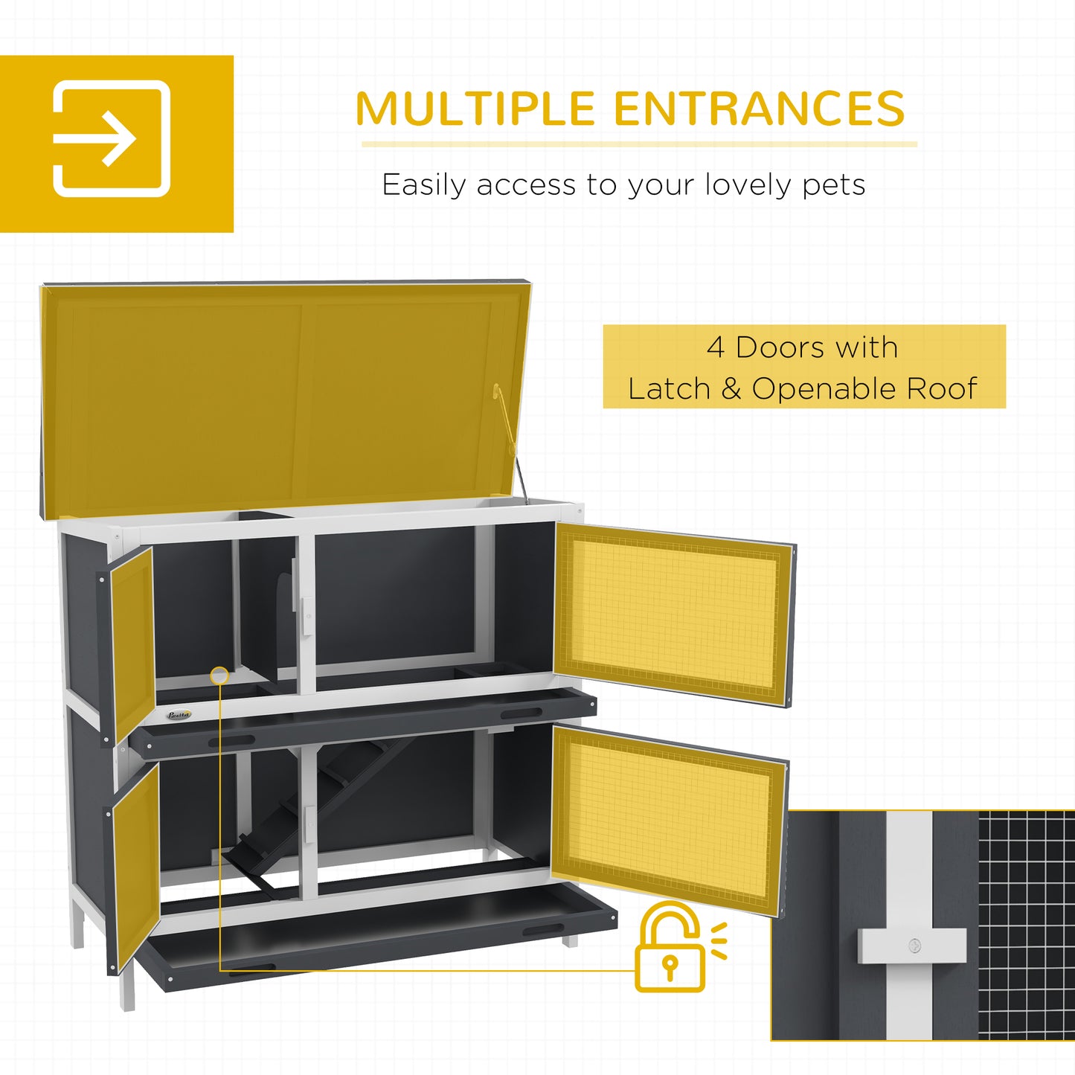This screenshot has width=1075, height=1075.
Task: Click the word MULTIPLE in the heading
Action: click(x=475, y=109)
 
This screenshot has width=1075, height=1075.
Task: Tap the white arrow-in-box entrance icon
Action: click(x=112, y=138)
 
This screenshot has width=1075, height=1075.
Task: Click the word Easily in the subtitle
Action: click(x=422, y=185)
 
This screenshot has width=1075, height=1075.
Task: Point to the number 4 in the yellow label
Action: click(x=715, y=347)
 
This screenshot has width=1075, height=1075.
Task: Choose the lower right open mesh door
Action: click(x=668, y=818)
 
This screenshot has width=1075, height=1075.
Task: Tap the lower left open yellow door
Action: click(x=136, y=863)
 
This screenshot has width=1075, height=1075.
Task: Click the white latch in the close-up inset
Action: click(x=912, y=946)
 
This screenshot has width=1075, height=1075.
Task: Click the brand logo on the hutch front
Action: click(x=179, y=715)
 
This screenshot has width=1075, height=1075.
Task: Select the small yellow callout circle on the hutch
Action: click(x=219, y=676)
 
